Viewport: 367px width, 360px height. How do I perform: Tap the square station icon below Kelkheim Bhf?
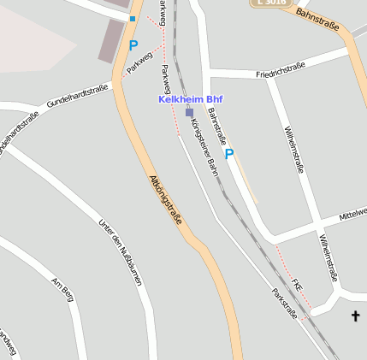pyautogui.click(x=189, y=112)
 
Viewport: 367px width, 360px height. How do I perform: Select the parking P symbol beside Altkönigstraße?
pyautogui.click(x=133, y=45)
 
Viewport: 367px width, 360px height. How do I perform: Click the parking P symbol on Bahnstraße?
pyautogui.click(x=228, y=154)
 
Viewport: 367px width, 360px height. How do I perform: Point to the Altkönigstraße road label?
pyautogui.click(x=166, y=199)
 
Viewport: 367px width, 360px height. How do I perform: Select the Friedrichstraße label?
pyautogui.click(x=281, y=70)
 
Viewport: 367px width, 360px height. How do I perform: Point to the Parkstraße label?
pyautogui.click(x=285, y=304)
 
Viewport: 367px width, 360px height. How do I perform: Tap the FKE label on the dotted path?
pyautogui.click(x=297, y=282)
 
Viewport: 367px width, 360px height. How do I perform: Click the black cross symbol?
pyautogui.click(x=356, y=316)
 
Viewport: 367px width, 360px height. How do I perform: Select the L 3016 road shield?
pyautogui.click(x=270, y=3)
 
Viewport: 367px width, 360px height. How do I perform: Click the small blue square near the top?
pyautogui.click(x=133, y=18)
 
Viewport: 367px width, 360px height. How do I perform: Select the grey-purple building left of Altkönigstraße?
pyautogui.click(x=111, y=41)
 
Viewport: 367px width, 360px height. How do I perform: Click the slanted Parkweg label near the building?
pyautogui.click(x=139, y=62)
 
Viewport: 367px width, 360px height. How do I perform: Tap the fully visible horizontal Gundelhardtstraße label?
pyautogui.click(x=78, y=95)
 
